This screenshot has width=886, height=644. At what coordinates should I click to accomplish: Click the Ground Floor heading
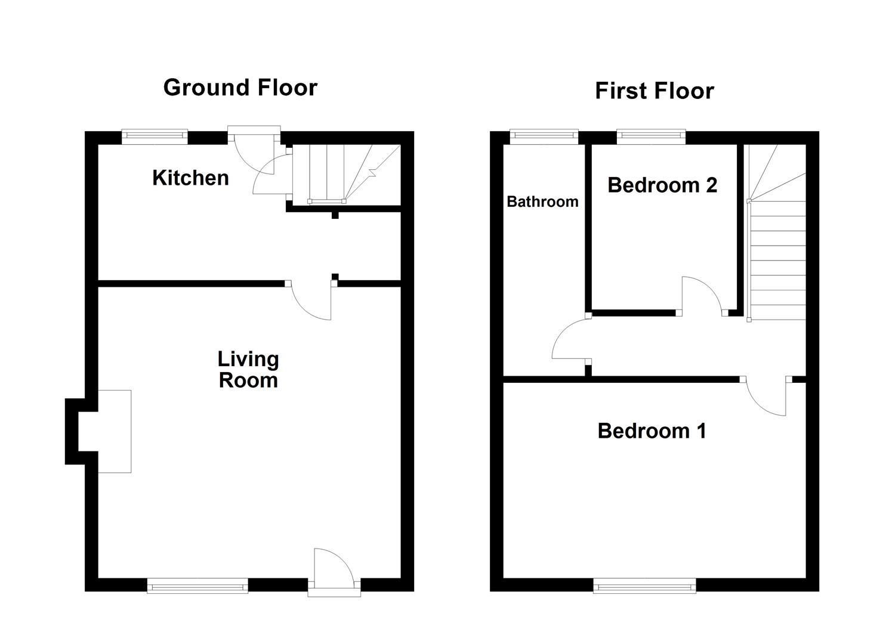point(240,88)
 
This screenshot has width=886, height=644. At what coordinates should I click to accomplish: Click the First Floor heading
point(654,91)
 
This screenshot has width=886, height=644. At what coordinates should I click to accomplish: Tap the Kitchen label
point(190,178)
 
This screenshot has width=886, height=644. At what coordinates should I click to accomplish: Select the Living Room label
point(248,370)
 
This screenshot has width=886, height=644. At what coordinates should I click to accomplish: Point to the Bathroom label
point(542,202)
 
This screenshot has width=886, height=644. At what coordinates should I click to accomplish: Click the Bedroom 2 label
point(662,185)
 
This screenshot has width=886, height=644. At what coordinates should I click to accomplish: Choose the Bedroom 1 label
point(652,431)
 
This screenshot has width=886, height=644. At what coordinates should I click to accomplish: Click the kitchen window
point(155,137)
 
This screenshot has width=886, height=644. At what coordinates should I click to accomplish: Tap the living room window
point(197,586)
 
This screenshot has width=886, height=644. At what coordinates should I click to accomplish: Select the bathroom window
point(544,137)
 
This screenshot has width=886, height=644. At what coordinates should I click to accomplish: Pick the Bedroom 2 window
point(650,137)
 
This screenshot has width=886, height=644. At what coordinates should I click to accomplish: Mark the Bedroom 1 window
point(644,586)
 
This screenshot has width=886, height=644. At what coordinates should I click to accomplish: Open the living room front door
point(334,572)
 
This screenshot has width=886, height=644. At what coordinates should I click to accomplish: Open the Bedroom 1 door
point(767,397)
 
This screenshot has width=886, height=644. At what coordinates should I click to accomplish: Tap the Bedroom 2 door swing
point(703,295)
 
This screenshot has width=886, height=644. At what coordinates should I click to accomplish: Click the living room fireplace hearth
point(114,431)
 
